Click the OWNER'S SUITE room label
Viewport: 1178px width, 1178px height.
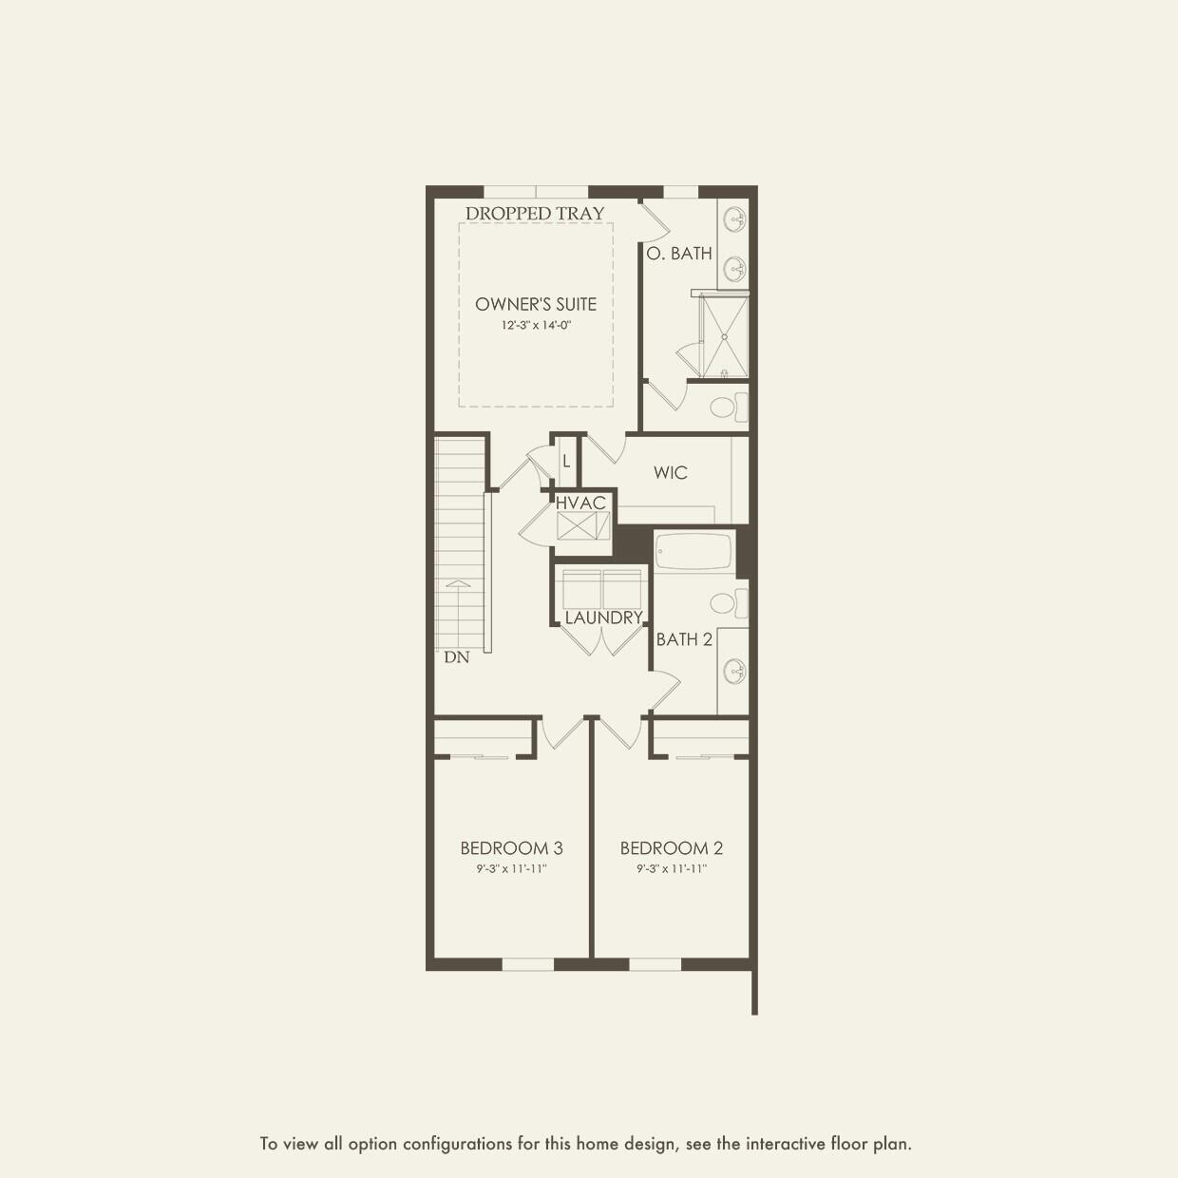coord(536,304)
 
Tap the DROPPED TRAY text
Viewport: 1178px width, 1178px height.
coord(535,214)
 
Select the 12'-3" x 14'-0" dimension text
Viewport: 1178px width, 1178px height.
coord(536,325)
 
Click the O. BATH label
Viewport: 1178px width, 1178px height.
coord(679,254)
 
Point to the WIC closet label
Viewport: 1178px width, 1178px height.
coord(670,472)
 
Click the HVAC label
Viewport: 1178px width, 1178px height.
coord(580,503)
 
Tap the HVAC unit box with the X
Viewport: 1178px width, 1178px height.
coord(582,526)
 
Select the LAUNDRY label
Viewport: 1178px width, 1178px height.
coord(603,617)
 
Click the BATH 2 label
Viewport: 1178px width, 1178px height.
coord(684,639)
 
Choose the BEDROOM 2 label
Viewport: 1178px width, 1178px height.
coord(672,847)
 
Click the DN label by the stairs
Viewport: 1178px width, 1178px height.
coord(456,657)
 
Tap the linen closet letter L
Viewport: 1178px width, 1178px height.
coord(566,462)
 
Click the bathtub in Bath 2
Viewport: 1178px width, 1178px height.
coord(693,552)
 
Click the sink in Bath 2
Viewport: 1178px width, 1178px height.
coord(734,671)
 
